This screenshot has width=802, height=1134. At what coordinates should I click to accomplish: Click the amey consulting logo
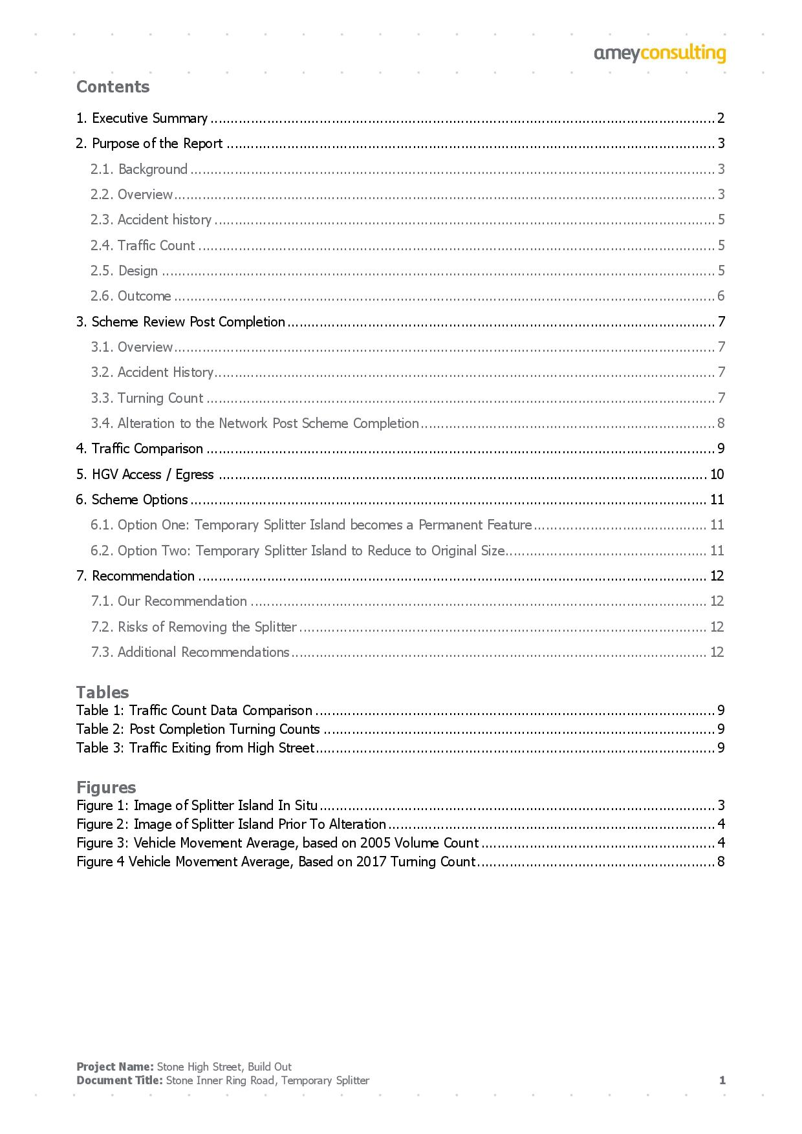(x=660, y=54)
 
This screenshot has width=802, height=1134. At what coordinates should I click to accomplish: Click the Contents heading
(x=113, y=87)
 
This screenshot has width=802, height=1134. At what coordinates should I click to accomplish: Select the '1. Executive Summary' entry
(x=142, y=118)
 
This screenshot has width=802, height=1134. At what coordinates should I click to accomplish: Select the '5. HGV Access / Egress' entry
(x=145, y=475)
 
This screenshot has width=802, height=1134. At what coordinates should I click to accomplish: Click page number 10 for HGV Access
(x=717, y=475)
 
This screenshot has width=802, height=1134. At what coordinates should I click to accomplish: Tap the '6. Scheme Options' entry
(x=132, y=500)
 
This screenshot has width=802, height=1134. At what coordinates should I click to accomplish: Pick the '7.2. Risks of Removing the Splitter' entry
(x=193, y=627)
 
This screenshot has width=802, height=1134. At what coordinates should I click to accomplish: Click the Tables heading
(x=102, y=692)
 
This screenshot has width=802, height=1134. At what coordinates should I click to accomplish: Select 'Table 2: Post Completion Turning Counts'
(x=198, y=729)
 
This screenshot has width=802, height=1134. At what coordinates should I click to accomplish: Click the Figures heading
(x=106, y=787)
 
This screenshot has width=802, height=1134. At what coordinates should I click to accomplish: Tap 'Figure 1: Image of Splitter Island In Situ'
(x=197, y=806)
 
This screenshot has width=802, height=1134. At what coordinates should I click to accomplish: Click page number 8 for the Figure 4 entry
(x=721, y=862)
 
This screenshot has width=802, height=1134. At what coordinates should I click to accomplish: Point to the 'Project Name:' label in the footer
(x=114, y=1067)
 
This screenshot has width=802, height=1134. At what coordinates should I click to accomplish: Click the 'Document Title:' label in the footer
(x=119, y=1080)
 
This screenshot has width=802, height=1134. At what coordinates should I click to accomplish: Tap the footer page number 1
(x=722, y=1080)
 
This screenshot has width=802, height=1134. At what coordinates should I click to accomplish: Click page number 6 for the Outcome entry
(x=721, y=296)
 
